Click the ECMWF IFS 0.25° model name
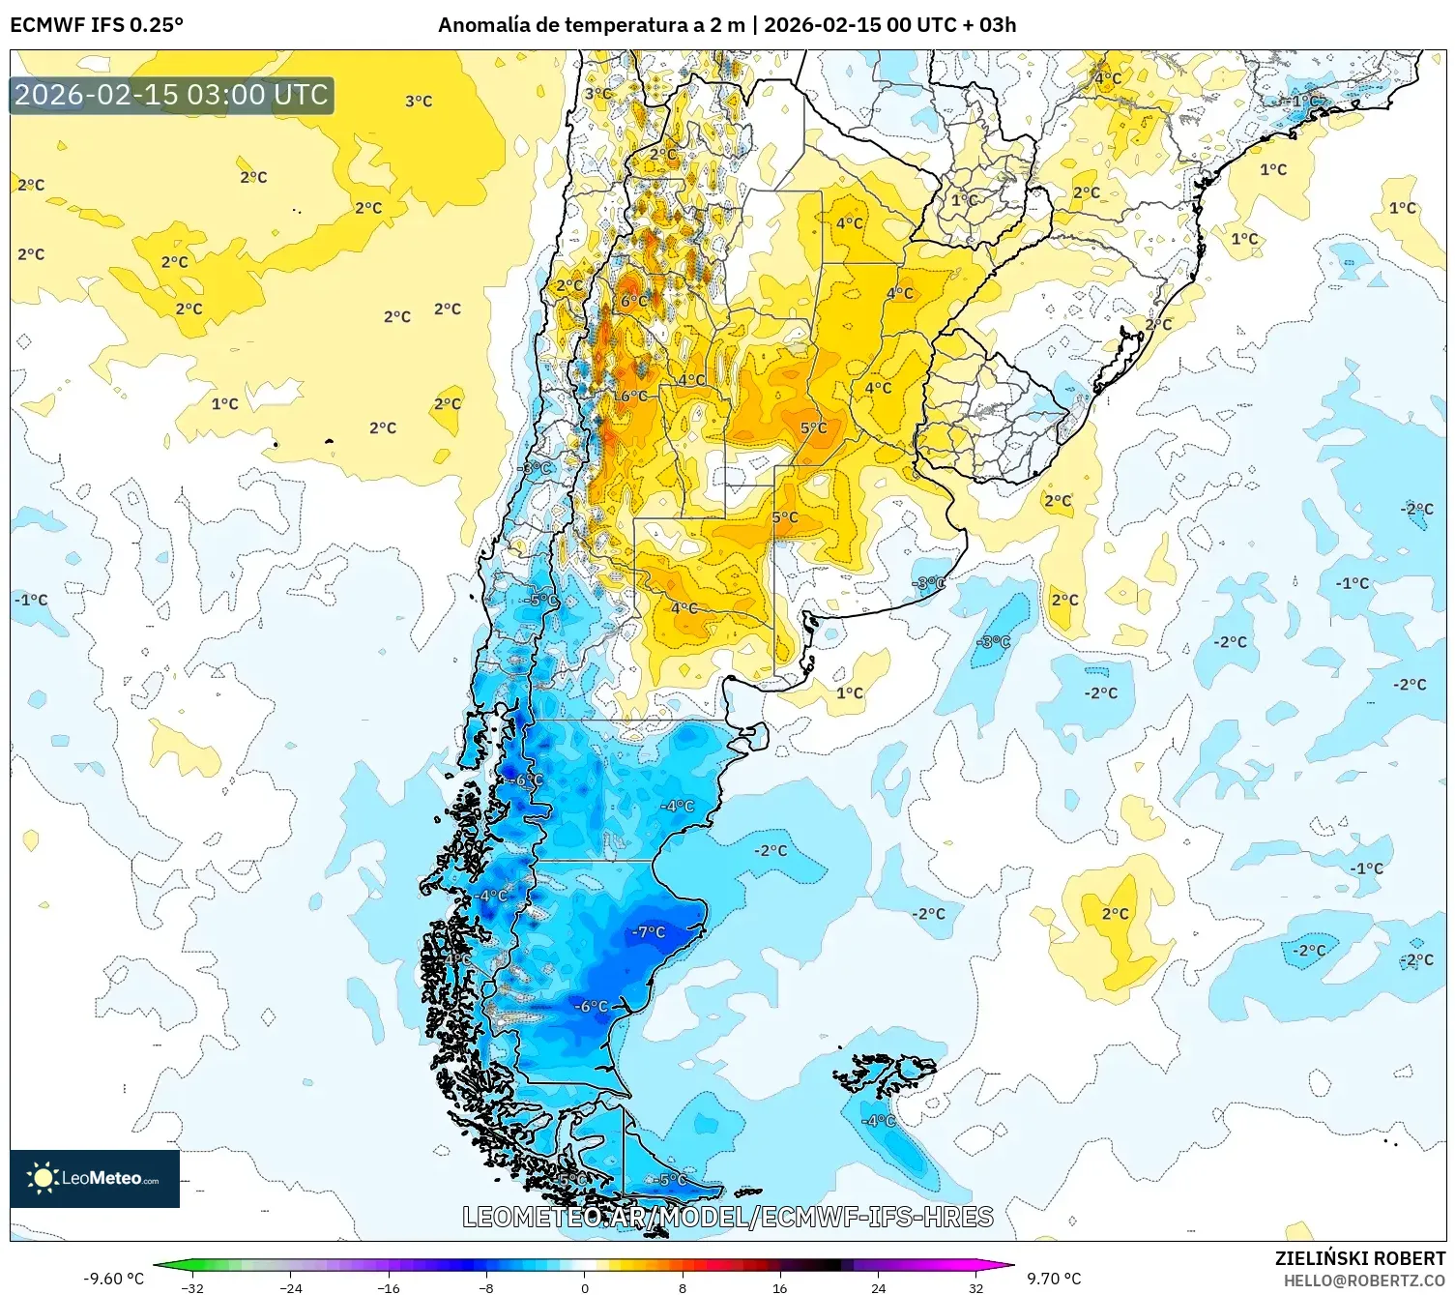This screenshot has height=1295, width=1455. coord(97,25)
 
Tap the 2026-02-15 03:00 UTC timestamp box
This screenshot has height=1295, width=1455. coord(172,95)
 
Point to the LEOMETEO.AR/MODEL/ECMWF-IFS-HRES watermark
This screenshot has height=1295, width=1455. coord(727,1217)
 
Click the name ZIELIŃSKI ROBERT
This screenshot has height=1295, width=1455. coord(1359,1258)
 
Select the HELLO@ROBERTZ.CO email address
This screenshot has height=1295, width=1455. coord(1364,1280)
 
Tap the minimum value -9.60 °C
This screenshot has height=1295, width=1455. coord(113,1279)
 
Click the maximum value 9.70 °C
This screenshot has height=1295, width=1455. coord(1054,1279)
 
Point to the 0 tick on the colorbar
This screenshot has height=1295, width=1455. coord(584,1287)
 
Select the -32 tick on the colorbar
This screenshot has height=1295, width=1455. coord(193,1287)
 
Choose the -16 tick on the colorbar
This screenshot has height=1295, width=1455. coord(389,1287)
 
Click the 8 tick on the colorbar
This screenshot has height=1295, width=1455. coord(683,1287)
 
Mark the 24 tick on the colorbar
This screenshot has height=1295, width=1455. coord(878,1287)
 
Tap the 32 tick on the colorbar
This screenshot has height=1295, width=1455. coord(975,1287)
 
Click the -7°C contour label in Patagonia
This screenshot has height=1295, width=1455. coord(649,932)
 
